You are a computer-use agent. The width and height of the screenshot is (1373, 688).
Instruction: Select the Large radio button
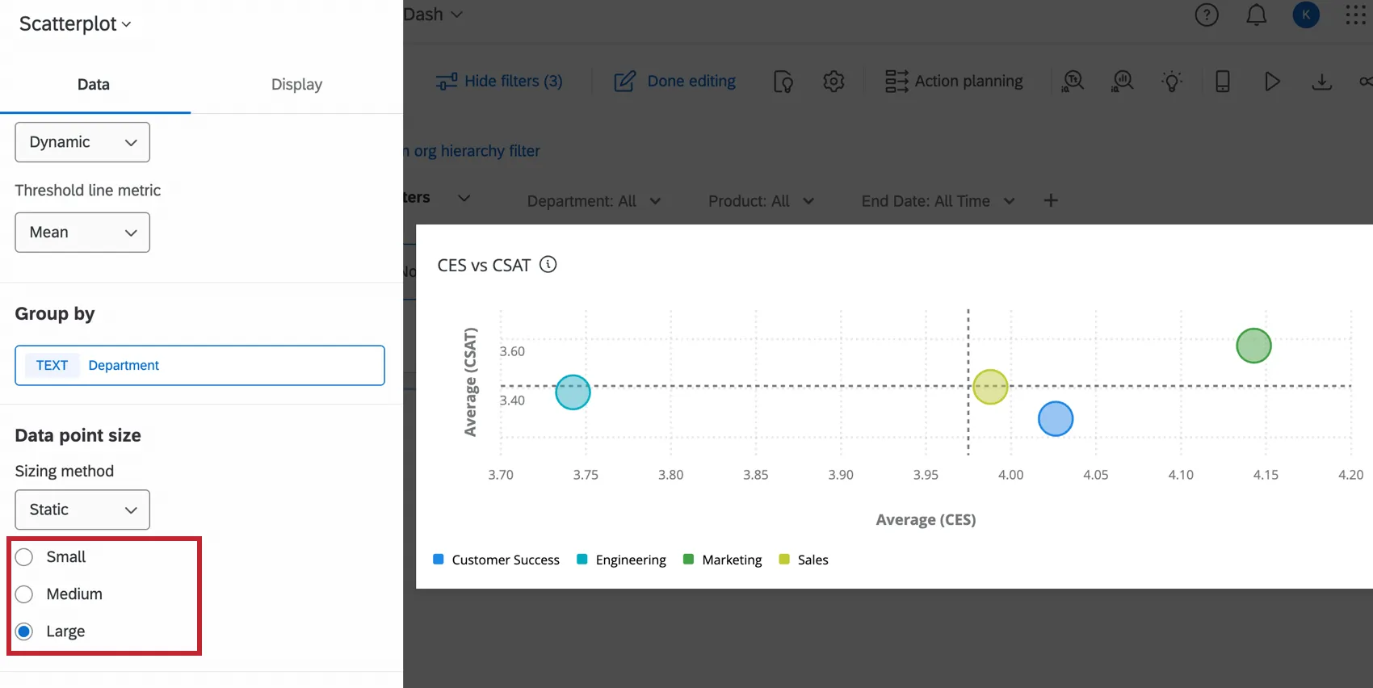point(24,631)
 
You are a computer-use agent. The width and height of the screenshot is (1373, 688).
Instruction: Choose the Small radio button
point(24,557)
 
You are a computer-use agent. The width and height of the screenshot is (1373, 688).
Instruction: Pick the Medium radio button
point(24,594)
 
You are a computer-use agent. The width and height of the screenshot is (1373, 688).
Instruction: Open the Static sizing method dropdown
point(82,510)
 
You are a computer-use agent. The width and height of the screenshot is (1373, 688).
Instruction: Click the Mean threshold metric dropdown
point(82,233)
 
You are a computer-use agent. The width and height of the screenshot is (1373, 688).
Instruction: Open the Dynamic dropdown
point(82,142)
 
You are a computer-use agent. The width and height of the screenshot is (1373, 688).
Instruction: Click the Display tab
point(296,85)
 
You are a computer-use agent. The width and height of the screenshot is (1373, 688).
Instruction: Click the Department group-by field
point(199,366)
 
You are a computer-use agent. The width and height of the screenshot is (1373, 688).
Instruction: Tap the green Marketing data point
point(1253,346)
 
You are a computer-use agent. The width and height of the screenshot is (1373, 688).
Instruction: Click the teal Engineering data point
point(573,392)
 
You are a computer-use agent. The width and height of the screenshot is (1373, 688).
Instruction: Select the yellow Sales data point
point(990,387)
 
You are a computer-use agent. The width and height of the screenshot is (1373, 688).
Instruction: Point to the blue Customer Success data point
point(1056,419)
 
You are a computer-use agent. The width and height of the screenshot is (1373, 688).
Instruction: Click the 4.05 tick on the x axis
point(1095,475)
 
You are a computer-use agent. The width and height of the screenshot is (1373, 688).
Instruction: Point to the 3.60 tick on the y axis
point(512,351)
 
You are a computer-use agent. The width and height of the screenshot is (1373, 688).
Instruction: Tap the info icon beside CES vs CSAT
point(548,265)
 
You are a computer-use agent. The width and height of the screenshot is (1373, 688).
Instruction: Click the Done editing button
point(675,82)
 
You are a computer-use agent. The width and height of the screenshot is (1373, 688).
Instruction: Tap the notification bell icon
point(1256,15)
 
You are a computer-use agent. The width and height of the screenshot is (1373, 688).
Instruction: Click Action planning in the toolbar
point(954,82)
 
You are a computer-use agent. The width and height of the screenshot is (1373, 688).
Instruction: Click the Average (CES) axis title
point(926,520)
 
